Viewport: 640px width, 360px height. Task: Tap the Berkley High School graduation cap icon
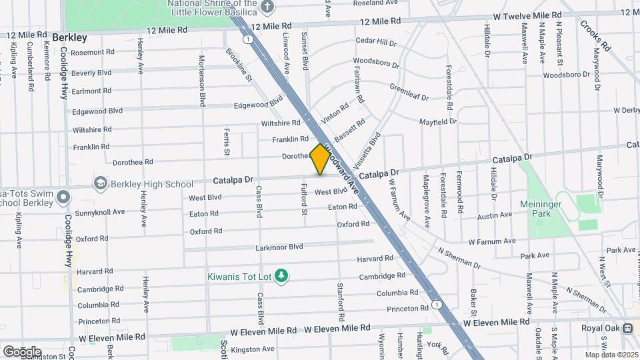coord(101,183)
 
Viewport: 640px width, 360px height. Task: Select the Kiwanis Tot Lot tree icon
coord(282,275)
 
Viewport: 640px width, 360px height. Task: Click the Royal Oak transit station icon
coord(627,328)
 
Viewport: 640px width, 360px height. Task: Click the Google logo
coord(22,351)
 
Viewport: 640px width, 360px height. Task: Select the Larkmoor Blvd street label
coord(279,247)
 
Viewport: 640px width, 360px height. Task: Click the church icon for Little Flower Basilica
coord(267,7)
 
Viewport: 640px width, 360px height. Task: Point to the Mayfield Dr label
coord(437,122)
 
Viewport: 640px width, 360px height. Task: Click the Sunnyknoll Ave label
coord(100,212)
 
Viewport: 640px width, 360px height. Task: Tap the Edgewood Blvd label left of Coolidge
coord(97,111)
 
